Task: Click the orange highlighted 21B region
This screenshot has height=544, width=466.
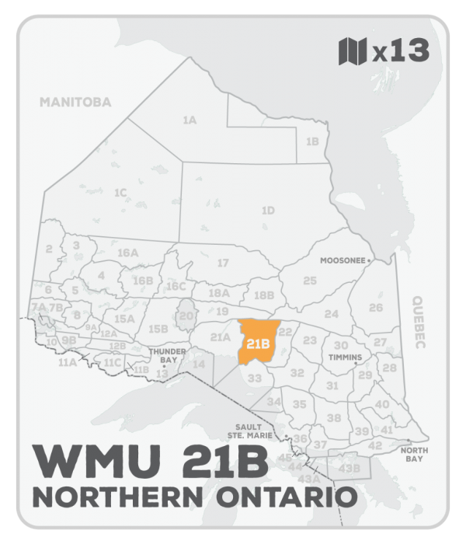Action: point(257,342)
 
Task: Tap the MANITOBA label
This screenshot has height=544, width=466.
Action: point(76,102)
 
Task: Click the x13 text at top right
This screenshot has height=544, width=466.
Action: point(400,51)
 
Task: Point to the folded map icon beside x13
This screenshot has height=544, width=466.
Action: point(351,51)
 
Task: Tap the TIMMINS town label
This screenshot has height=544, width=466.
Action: point(345,357)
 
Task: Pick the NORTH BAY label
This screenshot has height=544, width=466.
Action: point(411,455)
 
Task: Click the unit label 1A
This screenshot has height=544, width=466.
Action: point(189,120)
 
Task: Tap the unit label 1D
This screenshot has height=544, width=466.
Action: point(268,210)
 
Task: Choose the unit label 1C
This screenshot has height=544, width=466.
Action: point(120,192)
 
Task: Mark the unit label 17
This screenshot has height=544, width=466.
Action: point(223,263)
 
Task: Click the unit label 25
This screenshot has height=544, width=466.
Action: point(310,280)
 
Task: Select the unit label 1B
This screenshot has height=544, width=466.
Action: point(312,141)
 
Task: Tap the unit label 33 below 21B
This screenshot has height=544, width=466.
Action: point(254,378)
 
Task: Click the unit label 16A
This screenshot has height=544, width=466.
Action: point(127,253)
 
